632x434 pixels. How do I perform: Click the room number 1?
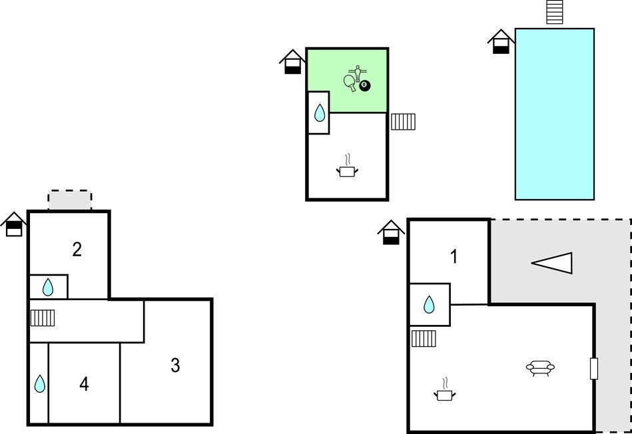454,257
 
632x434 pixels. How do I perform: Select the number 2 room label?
77,250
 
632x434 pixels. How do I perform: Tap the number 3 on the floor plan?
175,365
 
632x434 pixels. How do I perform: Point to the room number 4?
84,384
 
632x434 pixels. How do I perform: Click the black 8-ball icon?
365,85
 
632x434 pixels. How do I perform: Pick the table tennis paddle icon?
350,83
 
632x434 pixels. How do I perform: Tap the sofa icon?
540,368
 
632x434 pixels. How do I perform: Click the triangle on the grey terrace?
552,263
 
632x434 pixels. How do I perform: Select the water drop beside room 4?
39,383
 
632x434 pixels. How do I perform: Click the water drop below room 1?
430,305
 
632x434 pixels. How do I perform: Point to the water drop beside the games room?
320,113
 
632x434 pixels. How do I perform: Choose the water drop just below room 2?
48,288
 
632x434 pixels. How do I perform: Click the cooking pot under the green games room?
347,166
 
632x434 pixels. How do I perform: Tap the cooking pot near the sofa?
445,390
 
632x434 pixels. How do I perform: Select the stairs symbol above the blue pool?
554,12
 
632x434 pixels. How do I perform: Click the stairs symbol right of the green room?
403,122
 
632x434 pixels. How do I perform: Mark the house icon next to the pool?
501,41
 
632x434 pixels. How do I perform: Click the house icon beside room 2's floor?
14,224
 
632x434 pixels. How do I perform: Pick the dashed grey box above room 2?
70,200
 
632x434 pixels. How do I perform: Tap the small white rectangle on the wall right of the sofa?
594,369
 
